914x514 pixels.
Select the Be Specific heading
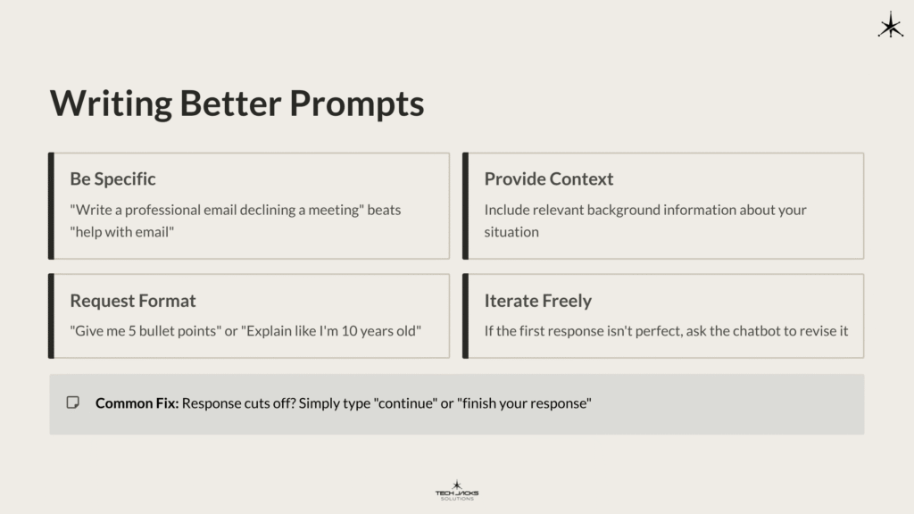[x=112, y=178]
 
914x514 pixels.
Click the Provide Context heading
[x=548, y=178]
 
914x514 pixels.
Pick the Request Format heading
[x=132, y=301]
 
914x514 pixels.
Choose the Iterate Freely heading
[x=537, y=301]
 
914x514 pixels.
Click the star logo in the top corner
[x=890, y=25]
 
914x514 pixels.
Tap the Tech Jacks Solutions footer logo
[x=457, y=490]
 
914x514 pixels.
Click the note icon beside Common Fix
[x=73, y=402]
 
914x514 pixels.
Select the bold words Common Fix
[x=137, y=403]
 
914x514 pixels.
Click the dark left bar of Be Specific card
[x=52, y=206]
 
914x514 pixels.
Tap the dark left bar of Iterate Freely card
[x=466, y=316]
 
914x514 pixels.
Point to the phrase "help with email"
[x=121, y=232]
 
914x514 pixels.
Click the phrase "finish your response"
[x=524, y=403]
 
